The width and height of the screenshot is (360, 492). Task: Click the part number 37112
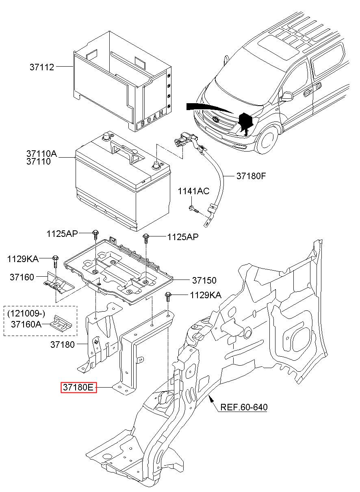pos(41,67)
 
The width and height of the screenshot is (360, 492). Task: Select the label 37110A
pos(42,154)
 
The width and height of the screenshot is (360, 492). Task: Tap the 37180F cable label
pos(251,176)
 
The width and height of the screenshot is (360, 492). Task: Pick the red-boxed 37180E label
pos(78,388)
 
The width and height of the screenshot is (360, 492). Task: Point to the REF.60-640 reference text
pos(244,407)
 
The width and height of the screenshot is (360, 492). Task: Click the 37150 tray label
pos(204,280)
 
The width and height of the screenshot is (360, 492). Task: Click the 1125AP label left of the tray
pos(62,234)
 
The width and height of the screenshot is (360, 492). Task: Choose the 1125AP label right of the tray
pos(182,237)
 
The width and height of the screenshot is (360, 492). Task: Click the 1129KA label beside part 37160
pos(22,259)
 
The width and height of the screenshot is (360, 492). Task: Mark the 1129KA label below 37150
pos(206,295)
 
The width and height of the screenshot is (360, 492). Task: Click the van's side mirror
pos(287,96)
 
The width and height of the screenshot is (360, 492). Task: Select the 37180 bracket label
pos(63,345)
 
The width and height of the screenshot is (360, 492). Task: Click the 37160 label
pos(22,277)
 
